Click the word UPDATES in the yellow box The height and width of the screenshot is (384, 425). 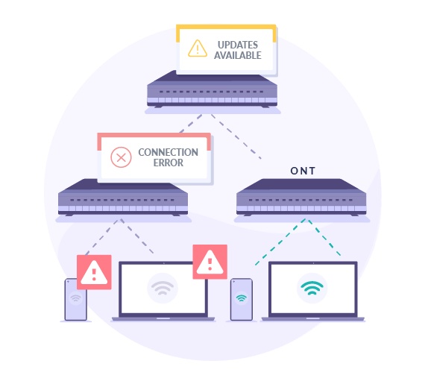tap(238, 45)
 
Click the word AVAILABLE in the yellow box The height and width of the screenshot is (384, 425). tap(238, 55)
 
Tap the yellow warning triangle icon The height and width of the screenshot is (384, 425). tap(198, 48)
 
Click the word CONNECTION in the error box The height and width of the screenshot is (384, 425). tap(168, 152)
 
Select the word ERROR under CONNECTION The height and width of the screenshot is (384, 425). tap(169, 163)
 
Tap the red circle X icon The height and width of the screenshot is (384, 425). tap(121, 157)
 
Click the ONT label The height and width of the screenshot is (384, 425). tap(303, 171)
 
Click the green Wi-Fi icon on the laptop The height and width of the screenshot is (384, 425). tap(312, 288)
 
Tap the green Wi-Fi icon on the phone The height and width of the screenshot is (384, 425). tap(242, 298)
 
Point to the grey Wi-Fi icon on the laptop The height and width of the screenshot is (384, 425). tap(163, 288)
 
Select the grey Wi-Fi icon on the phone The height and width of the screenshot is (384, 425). tap(75, 298)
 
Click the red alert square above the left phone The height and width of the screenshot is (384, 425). tap(94, 272)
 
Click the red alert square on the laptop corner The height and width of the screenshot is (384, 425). tap(210, 262)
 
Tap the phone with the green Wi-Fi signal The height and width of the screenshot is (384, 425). tap(242, 300)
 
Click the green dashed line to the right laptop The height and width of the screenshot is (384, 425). tap(324, 238)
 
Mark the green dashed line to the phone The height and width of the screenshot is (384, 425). tap(280, 242)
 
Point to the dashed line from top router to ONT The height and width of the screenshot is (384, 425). tap(236, 136)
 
